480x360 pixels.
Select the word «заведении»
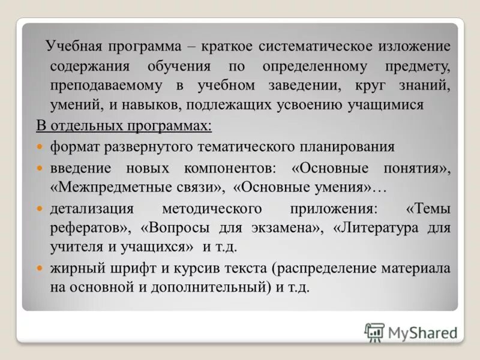(301, 85)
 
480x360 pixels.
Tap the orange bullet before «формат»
(40, 146)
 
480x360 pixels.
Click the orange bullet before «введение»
(40, 167)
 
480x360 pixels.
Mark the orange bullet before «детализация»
(40, 209)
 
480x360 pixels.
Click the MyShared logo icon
(374, 332)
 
